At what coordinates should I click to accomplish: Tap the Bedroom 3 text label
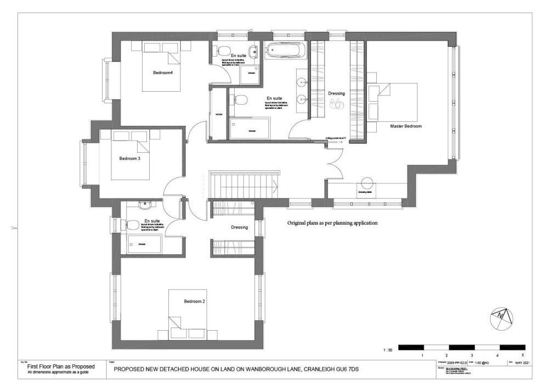click(130, 159)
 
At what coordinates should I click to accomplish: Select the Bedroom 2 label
click(194, 302)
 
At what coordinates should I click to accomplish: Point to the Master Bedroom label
click(406, 126)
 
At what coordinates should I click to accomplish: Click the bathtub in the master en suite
click(283, 51)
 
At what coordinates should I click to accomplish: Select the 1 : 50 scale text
click(387, 349)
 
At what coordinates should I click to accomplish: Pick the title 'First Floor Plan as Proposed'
click(61, 366)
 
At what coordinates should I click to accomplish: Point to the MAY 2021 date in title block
click(522, 363)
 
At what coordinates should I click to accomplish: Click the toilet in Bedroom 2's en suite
click(132, 225)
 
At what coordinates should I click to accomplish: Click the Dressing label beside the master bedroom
click(336, 93)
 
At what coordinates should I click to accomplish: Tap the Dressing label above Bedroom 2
click(239, 227)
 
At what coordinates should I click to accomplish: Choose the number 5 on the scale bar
click(523, 355)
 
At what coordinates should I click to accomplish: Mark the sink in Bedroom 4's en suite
click(253, 53)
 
